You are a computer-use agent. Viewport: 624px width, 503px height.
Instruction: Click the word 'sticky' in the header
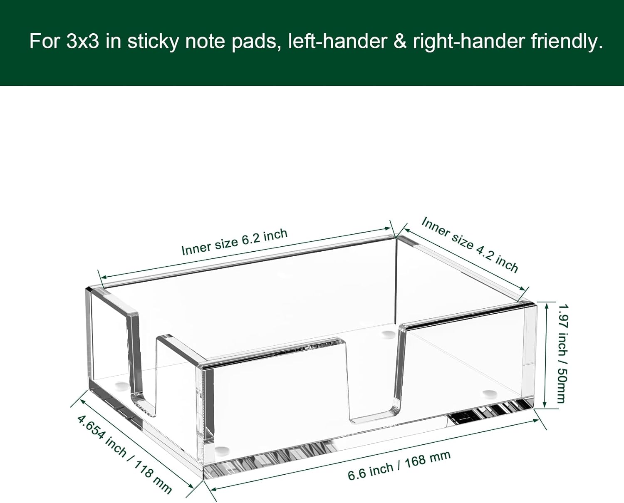pyautogui.click(x=153, y=42)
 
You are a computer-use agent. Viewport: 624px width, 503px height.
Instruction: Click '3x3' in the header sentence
pyautogui.click(x=82, y=42)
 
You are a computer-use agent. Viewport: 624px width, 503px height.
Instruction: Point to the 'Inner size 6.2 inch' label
pyautogui.click(x=234, y=242)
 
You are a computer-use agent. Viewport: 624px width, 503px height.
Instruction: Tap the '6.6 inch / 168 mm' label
pyautogui.click(x=399, y=466)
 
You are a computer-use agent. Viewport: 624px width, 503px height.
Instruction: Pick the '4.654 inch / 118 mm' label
pyautogui.click(x=124, y=453)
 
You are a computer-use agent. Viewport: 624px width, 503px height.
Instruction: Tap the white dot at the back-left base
pyautogui.click(x=121, y=386)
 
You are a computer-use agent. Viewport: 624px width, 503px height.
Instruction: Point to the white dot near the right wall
pyautogui.click(x=490, y=392)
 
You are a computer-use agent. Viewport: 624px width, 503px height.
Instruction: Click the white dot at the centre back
pyautogui.click(x=388, y=333)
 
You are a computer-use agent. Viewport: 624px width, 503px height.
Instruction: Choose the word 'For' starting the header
pyautogui.click(x=45, y=42)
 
